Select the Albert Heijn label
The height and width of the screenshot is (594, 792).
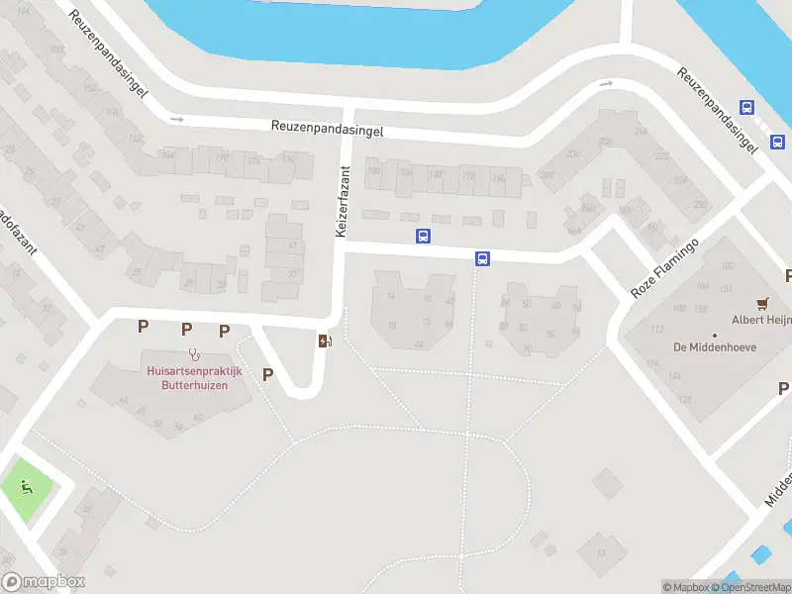tap(760, 320)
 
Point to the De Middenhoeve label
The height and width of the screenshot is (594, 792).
tap(707, 346)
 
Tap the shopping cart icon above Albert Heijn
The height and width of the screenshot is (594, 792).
tap(761, 303)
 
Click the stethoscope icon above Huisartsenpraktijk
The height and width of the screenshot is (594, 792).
tap(194, 353)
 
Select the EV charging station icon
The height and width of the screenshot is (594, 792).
tap(325, 342)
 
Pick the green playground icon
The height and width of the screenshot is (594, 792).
tap(26, 486)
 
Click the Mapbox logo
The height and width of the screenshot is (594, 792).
tap(44, 582)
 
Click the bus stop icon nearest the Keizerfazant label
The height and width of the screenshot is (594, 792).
tap(423, 236)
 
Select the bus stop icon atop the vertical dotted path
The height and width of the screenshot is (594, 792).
tap(482, 259)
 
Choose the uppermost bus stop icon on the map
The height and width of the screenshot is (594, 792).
tap(746, 109)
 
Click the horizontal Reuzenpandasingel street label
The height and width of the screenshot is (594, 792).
tap(328, 129)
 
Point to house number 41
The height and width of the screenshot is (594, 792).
tap(292, 245)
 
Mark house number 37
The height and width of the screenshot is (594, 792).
tap(291, 274)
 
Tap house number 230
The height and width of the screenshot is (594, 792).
tap(701, 204)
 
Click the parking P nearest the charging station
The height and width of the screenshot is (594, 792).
tap(267, 374)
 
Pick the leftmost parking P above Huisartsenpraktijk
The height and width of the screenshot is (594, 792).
tap(144, 326)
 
